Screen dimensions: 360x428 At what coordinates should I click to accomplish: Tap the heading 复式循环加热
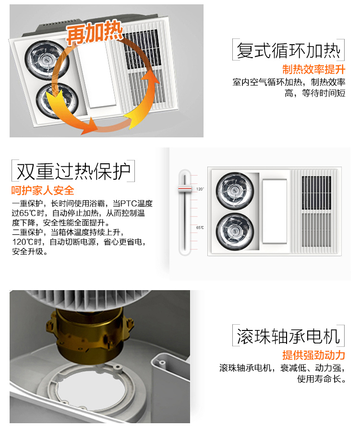288,50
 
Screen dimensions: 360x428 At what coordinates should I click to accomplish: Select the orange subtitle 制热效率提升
313,69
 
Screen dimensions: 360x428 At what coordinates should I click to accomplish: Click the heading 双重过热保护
73,171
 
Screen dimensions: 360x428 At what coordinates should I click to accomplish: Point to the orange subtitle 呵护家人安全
43,190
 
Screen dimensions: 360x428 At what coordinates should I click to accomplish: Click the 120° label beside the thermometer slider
200,189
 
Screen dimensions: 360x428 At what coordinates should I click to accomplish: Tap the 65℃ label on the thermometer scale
200,227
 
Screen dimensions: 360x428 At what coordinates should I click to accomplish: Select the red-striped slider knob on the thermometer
185,189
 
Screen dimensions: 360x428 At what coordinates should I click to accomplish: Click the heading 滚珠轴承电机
288,336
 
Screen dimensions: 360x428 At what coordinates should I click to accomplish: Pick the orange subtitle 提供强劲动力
313,355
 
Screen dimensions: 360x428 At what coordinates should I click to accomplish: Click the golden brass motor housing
90,336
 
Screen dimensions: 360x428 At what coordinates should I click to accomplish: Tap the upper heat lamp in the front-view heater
235,191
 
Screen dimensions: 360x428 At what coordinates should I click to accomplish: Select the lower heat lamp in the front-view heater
235,232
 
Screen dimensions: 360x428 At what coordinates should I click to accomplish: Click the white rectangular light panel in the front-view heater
275,211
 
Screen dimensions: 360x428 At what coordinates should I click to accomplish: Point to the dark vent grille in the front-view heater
316,193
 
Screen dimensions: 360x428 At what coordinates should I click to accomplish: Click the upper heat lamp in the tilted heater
47,60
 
